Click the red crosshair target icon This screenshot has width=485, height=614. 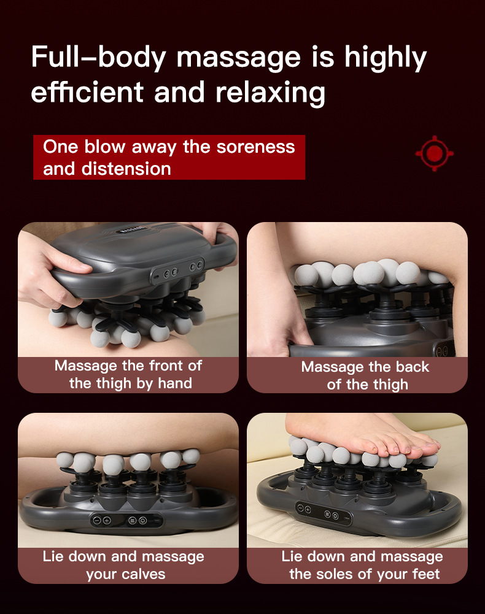click(x=435, y=153)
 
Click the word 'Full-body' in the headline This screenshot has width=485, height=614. click(x=98, y=58)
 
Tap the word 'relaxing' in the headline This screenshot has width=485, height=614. click(x=270, y=93)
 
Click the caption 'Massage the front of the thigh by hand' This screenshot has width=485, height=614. click(x=128, y=374)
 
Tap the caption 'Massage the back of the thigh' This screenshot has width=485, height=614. click(x=365, y=375)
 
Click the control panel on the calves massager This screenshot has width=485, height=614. click(x=126, y=520)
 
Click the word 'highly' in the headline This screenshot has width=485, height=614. click(x=385, y=58)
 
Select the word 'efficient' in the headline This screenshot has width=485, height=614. click(x=87, y=93)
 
